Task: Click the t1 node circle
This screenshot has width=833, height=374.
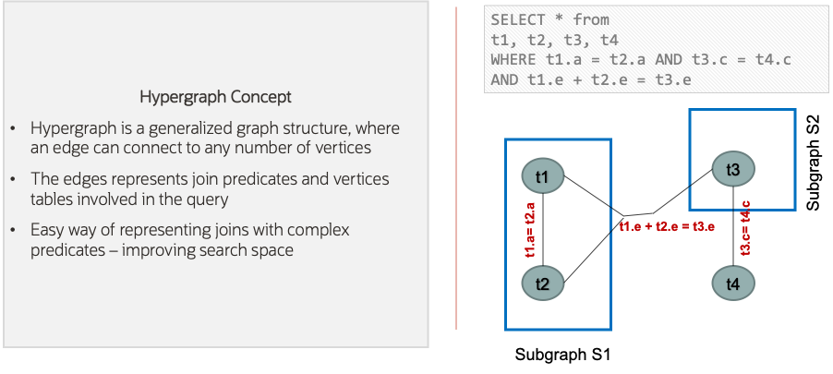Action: (x=543, y=175)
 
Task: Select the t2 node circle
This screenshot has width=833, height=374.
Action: (x=543, y=284)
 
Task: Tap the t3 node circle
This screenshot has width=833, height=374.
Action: (x=733, y=169)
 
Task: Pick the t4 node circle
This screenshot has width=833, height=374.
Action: (x=733, y=284)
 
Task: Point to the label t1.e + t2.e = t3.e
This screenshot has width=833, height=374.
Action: (x=667, y=226)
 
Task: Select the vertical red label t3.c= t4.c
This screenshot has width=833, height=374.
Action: (x=746, y=226)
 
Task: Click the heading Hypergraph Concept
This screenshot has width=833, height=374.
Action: (x=214, y=96)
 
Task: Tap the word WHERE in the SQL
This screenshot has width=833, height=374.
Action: (x=513, y=60)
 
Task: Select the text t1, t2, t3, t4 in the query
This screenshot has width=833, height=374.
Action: (x=554, y=40)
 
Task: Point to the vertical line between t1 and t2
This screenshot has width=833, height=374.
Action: (x=543, y=230)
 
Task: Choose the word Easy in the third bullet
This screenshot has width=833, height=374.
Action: (x=48, y=229)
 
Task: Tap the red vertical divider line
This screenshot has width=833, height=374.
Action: (x=456, y=166)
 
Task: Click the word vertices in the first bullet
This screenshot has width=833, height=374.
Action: (x=339, y=148)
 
